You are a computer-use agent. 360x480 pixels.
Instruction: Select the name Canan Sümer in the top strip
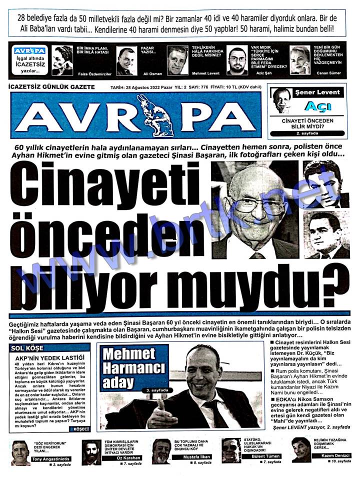click(328, 73)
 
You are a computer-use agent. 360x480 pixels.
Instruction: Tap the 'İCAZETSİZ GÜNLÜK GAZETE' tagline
click(52, 86)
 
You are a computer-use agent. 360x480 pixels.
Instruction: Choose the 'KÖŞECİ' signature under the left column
click(80, 428)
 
